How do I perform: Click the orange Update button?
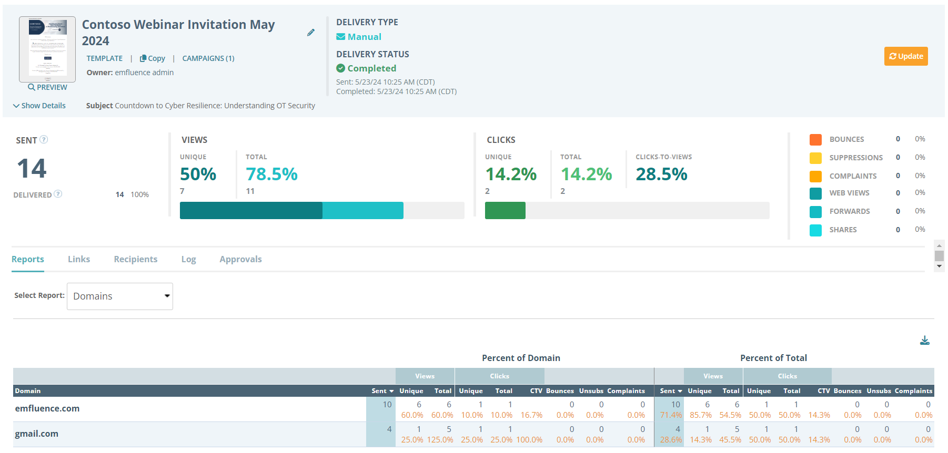click(905, 56)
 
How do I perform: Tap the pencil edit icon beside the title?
click(311, 33)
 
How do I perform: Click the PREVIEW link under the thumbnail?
click(47, 87)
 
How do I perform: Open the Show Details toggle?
click(39, 106)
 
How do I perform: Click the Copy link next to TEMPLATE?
click(153, 58)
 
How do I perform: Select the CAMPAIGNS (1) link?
click(208, 58)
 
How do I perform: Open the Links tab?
click(79, 259)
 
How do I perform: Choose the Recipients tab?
click(136, 259)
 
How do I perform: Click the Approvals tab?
click(240, 259)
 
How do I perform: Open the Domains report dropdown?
click(120, 296)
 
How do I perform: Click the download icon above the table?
click(924, 341)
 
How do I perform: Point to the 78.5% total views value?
click(271, 174)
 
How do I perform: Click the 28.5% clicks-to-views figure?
click(661, 174)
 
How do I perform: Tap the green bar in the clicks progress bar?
click(505, 210)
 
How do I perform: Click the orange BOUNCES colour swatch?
click(815, 139)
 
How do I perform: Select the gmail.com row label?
click(37, 434)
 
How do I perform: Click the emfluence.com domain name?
click(47, 408)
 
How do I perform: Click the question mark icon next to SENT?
click(44, 139)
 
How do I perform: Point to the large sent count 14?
click(32, 169)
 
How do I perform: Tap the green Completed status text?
click(371, 68)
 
